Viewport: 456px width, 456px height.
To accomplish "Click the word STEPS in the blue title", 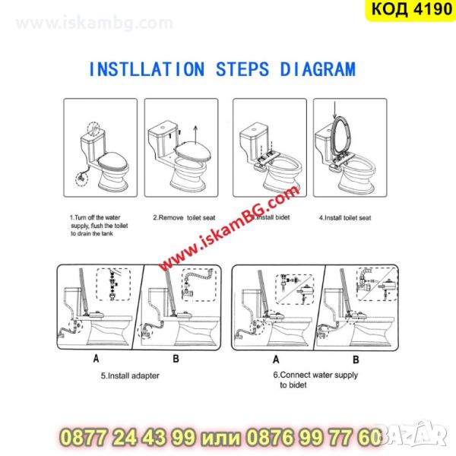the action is [242, 69].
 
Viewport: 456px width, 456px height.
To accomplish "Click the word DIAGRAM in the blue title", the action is [318, 69].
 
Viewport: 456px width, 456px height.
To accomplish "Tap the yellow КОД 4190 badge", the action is [410, 10].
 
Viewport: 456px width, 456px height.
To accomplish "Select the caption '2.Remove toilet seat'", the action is [184, 217].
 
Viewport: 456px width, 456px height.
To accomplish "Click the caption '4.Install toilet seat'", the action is [345, 218].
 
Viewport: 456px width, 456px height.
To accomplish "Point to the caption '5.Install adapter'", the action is [130, 375].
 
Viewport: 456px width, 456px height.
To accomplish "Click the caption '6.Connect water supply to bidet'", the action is [315, 380].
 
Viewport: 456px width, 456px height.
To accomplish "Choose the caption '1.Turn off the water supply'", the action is [99, 226].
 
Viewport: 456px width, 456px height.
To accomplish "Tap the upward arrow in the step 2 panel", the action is [196, 135].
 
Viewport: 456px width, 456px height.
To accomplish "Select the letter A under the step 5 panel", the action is [97, 359].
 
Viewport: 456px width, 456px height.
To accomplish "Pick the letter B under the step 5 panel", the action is [176, 359].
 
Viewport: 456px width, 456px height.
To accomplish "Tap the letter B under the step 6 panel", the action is [356, 359].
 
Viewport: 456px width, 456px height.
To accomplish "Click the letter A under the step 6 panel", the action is [276, 359].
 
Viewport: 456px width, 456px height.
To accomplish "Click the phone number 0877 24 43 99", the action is [128, 438].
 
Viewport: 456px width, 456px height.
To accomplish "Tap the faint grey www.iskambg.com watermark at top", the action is [94, 23].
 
